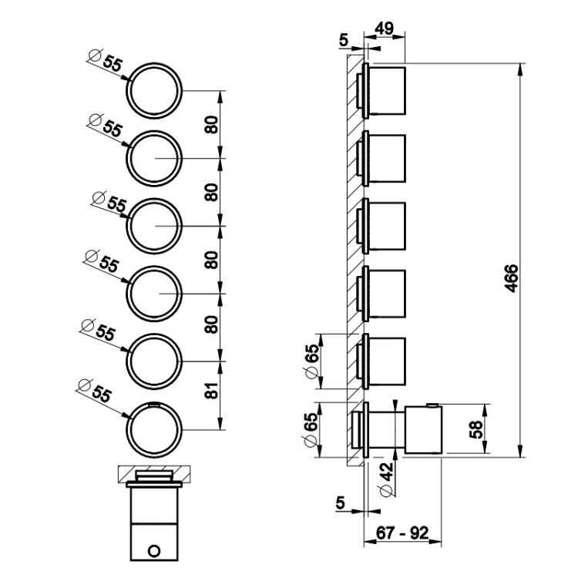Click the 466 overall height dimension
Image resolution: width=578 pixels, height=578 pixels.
(511, 278)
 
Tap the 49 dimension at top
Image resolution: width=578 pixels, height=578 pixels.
(384, 29)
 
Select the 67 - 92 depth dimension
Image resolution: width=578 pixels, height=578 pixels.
(402, 533)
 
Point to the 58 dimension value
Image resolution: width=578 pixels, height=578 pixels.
(476, 429)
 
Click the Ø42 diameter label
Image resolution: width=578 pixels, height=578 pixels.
(386, 479)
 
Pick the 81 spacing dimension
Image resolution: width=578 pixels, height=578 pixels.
(212, 390)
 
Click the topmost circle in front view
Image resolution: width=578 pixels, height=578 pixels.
(154, 90)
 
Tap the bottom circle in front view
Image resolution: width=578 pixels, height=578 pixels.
(154, 429)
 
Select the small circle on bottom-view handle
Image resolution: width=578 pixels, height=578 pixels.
(154, 552)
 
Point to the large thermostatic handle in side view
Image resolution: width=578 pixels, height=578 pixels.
(423, 430)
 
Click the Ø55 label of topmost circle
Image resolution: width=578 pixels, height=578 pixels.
(106, 60)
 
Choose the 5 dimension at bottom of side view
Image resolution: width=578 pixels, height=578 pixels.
(340, 502)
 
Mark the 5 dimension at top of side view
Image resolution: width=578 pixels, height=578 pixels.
(344, 40)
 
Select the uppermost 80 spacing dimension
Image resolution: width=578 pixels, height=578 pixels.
(212, 125)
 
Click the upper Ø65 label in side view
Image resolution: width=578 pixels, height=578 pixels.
(311, 361)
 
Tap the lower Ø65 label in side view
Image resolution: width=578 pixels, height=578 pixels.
(311, 429)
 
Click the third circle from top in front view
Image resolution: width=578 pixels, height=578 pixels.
(154, 226)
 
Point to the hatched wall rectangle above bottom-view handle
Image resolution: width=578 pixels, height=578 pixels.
(154, 474)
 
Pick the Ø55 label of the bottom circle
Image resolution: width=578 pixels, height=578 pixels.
(94, 391)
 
